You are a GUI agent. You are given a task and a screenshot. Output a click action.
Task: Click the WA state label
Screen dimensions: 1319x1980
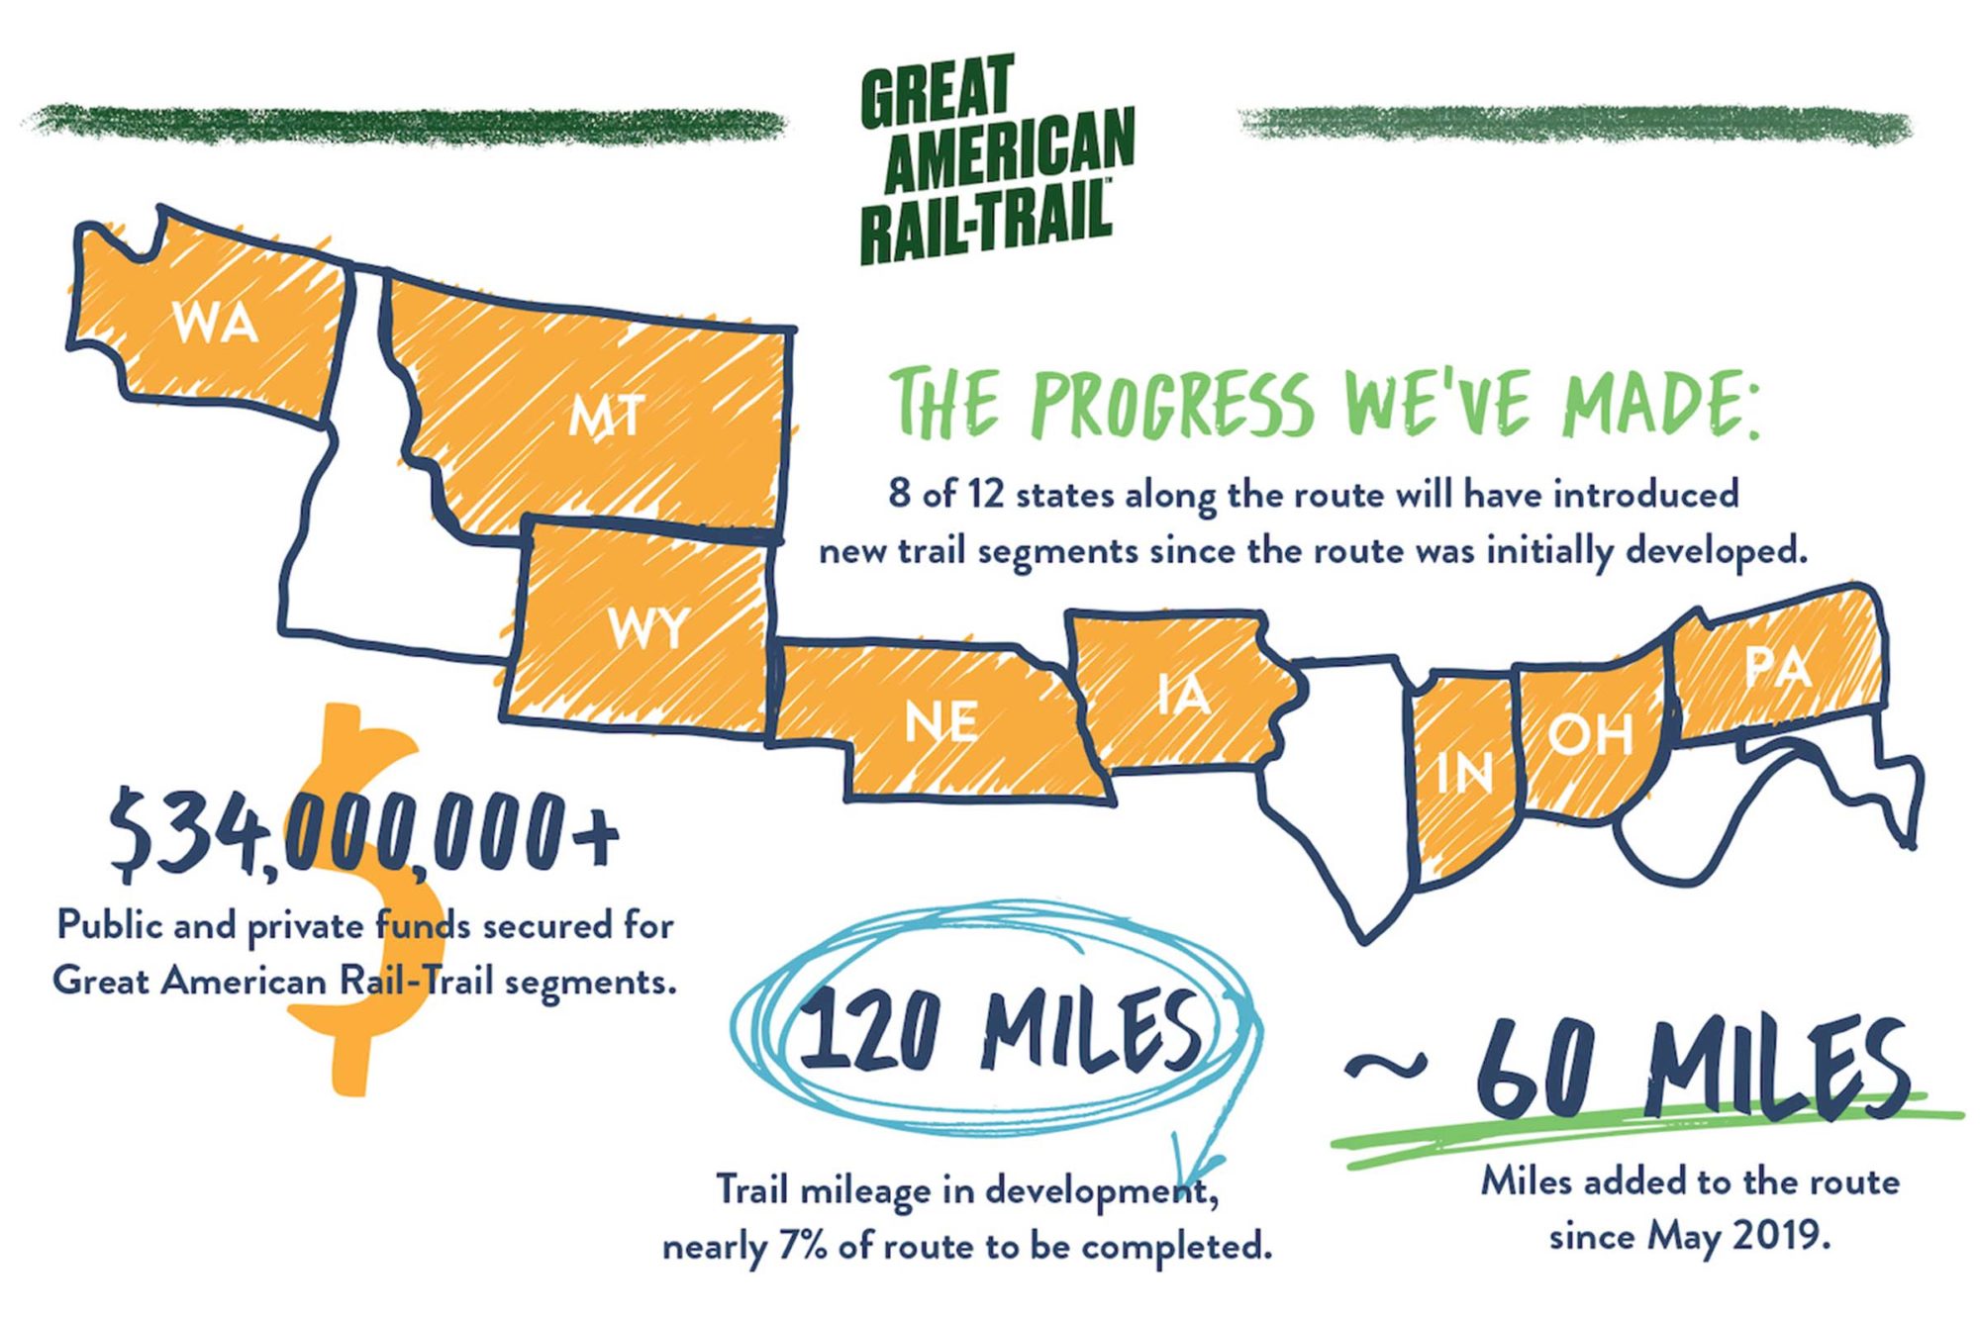(215, 323)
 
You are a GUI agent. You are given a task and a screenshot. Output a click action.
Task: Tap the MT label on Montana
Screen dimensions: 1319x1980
(607, 417)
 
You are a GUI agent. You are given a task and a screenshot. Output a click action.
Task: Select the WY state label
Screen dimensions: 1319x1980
(648, 628)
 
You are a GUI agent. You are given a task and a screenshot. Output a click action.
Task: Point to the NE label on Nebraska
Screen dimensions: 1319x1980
(941, 722)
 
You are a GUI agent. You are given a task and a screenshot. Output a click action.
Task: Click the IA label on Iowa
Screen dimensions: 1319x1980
(1184, 695)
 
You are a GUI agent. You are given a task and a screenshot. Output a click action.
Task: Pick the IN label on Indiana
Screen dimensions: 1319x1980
(1464, 772)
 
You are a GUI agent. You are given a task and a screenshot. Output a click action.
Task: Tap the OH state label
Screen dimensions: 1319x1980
(1590, 735)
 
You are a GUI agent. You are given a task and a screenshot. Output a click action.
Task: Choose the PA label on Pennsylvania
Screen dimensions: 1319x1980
(1778, 668)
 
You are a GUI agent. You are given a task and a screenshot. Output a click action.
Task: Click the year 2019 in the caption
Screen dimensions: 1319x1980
(1763, 1236)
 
